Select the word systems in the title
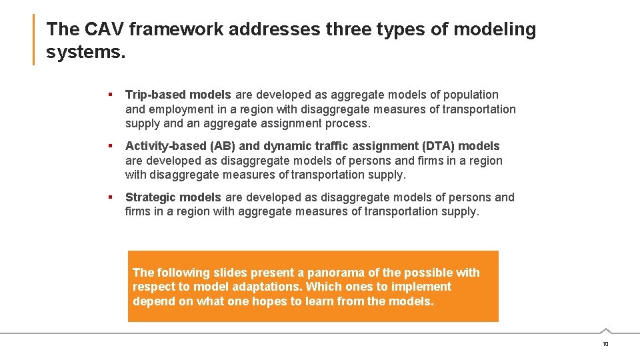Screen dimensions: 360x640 point(85,52)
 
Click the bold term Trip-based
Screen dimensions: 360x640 point(156,95)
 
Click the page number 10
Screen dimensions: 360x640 point(605,344)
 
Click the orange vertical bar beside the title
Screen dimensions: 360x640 point(34,40)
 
